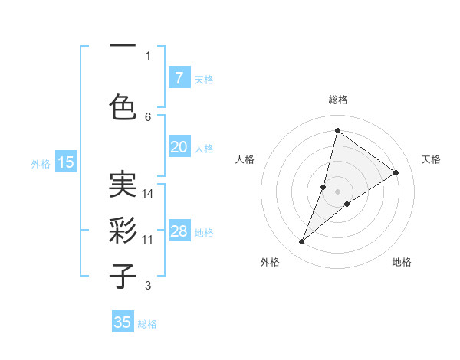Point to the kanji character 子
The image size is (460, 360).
(123, 276)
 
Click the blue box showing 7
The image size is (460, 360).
(179, 78)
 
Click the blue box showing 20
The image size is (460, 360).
(179, 147)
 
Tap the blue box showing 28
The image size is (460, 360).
(179, 231)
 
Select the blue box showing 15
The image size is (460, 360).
(66, 162)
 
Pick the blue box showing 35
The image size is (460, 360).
(123, 322)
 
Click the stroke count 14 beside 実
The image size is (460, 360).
(148, 194)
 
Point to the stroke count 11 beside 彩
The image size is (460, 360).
(148, 240)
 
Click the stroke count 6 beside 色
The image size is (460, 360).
(148, 116)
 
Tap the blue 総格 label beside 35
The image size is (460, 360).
(147, 324)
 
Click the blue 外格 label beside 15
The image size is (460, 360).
(41, 163)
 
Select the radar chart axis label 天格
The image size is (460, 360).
(431, 159)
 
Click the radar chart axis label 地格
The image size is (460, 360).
(402, 262)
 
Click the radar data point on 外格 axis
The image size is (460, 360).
(302, 242)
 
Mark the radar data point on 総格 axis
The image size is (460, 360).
(337, 130)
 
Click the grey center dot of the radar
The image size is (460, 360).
(337, 191)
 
